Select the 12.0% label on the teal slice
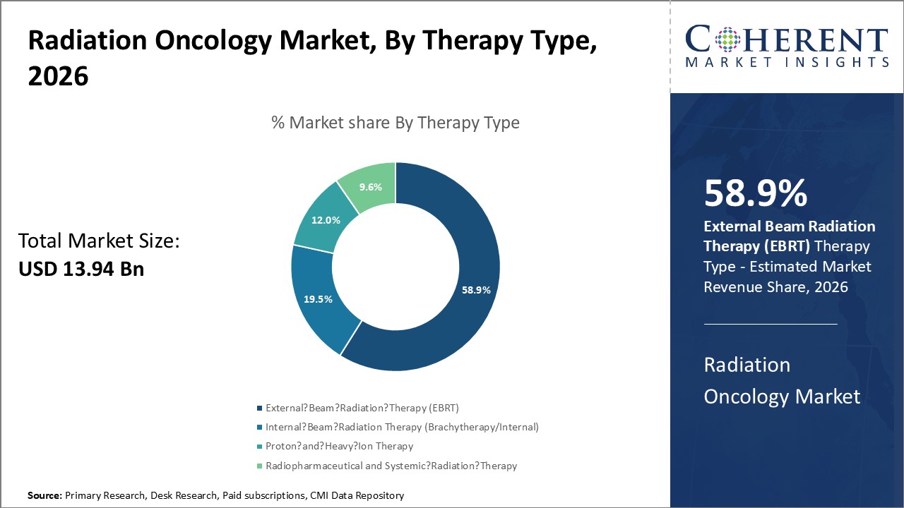pyautogui.click(x=326, y=220)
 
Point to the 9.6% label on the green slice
pyautogui.click(x=370, y=188)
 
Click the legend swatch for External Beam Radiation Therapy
pyautogui.click(x=259, y=408)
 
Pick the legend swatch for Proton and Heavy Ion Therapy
pyautogui.click(x=259, y=447)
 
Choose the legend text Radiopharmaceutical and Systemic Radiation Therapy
pyautogui.click(x=391, y=466)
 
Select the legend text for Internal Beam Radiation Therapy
pyautogui.click(x=402, y=427)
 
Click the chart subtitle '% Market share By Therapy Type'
pyautogui.click(x=395, y=123)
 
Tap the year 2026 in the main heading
pyautogui.click(x=58, y=76)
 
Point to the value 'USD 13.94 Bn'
pyautogui.click(x=81, y=268)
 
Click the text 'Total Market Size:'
pyautogui.click(x=99, y=241)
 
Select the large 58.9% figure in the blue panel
pyautogui.click(x=755, y=193)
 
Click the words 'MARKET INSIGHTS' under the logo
pyautogui.click(x=787, y=62)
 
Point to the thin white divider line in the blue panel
pyautogui.click(x=771, y=324)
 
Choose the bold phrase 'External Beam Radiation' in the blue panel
pyautogui.click(x=790, y=226)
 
